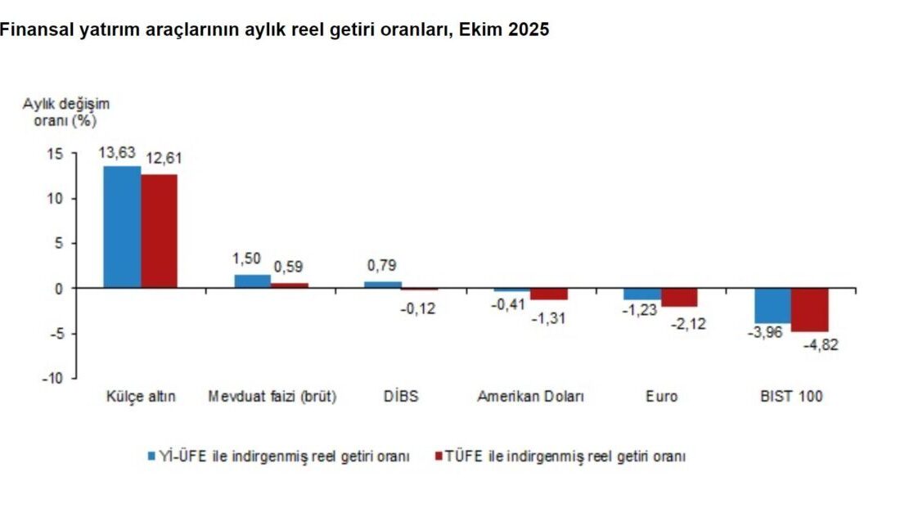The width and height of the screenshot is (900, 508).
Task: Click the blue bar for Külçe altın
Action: (x=122, y=227)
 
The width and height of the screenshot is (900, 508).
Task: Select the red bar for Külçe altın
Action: (x=159, y=231)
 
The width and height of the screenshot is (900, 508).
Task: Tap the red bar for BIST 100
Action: (x=809, y=309)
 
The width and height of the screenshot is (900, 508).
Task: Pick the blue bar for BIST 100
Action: (x=772, y=305)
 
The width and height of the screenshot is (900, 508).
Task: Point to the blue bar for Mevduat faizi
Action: (x=252, y=281)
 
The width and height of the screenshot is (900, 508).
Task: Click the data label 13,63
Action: (x=117, y=152)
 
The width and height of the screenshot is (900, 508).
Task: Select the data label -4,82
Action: (x=820, y=344)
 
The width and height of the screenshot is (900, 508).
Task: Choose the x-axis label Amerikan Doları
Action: (x=531, y=397)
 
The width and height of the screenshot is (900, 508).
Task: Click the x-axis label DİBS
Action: (x=401, y=397)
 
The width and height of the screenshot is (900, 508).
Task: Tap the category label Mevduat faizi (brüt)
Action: (x=272, y=397)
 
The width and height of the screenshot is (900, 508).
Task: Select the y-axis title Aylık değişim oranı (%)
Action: (x=65, y=112)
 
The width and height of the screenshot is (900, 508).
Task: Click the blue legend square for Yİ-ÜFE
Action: (x=151, y=456)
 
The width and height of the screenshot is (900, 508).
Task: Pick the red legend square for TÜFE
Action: (x=438, y=456)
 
